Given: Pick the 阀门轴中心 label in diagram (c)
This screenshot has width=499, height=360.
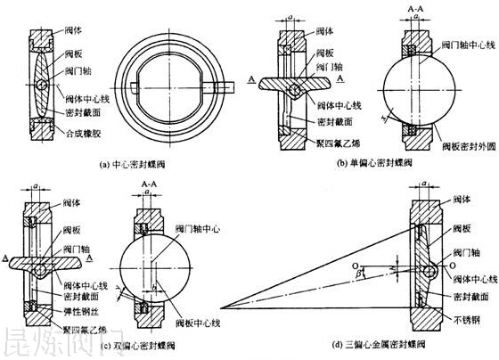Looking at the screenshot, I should click(197, 227).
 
